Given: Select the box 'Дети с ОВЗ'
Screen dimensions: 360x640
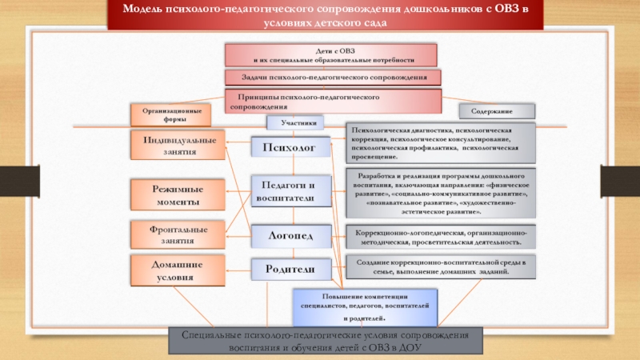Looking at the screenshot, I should coord(331,55).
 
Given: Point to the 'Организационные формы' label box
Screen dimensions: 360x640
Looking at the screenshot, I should coord(170,114).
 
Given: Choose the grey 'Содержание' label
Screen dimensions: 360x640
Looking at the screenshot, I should coord(497,110).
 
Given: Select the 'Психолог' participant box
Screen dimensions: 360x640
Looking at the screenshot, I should coord(290,147).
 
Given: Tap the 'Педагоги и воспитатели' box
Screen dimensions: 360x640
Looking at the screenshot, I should coord(290,190).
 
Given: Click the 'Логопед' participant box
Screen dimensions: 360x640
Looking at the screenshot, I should coord(290,235).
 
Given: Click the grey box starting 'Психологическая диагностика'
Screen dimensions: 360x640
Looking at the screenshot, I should coord(439,143).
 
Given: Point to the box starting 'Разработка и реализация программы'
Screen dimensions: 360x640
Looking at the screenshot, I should coord(439,193).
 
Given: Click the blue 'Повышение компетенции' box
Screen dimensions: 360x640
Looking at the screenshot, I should coord(364,306).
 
